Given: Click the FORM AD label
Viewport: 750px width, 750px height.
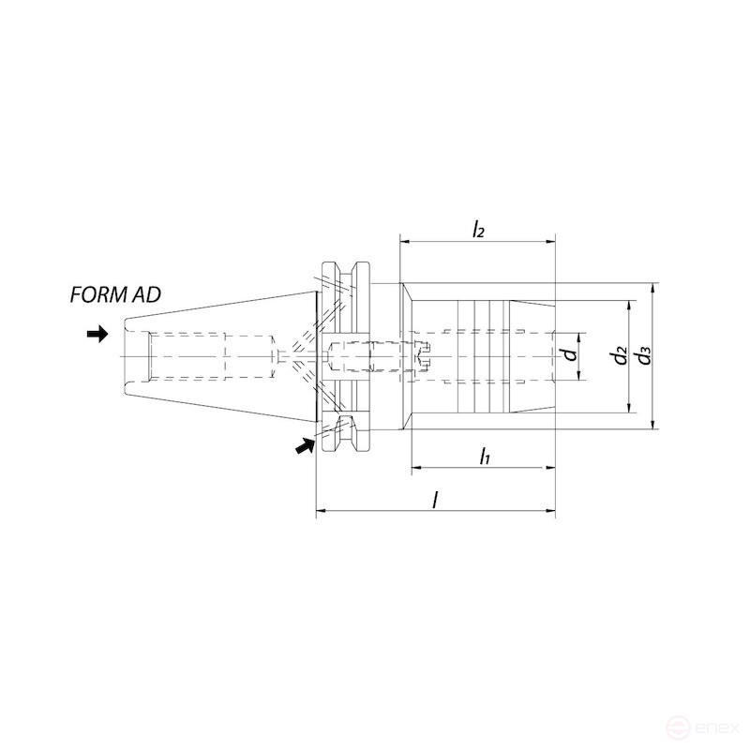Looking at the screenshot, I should tap(115, 294).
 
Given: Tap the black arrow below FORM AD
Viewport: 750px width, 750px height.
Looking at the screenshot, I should tap(97, 335).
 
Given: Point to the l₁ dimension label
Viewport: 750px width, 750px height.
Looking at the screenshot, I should tap(484, 457).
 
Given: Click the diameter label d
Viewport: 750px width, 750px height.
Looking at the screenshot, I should tap(568, 356).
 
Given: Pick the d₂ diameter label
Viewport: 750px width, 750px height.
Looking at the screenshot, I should tap(618, 356).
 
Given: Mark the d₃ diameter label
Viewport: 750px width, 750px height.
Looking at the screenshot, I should tap(642, 356).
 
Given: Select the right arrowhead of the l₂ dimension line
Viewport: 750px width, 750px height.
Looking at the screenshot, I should tap(550, 241).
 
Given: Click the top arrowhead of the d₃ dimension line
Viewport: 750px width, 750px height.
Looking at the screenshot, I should tap(652, 287).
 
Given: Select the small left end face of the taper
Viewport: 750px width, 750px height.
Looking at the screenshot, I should tap(124, 356).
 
